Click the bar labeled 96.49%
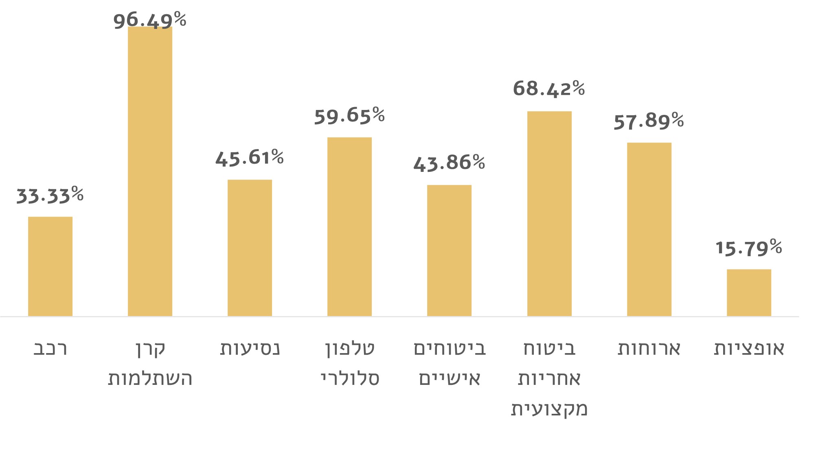click(x=150, y=171)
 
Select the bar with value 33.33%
click(x=50, y=266)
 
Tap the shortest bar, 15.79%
click(x=749, y=292)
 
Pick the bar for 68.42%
click(x=549, y=213)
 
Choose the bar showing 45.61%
click(x=250, y=248)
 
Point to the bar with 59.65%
click(x=349, y=226)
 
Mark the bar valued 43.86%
click(x=449, y=250)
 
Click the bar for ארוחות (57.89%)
click(x=649, y=229)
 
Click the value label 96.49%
click(x=150, y=20)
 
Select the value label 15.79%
click(x=749, y=248)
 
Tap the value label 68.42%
click(x=549, y=88)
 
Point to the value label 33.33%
click(x=50, y=195)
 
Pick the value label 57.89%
click(x=649, y=121)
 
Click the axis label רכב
click(x=50, y=349)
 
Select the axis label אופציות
click(x=749, y=349)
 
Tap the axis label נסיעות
click(x=250, y=349)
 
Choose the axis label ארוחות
click(x=649, y=349)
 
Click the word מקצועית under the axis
click(x=549, y=408)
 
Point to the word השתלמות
click(x=150, y=379)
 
